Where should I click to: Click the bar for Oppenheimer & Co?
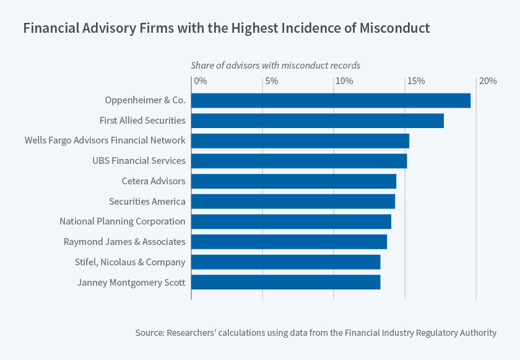click(x=331, y=100)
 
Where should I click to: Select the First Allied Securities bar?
click(x=317, y=121)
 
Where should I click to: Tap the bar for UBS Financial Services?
click(x=299, y=161)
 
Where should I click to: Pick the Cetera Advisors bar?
click(x=293, y=181)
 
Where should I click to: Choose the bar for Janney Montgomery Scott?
click(x=285, y=282)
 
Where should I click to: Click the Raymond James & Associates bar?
click(x=289, y=241)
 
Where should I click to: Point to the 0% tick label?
click(x=201, y=81)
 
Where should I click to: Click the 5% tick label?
click(x=271, y=81)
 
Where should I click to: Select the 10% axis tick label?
click(x=344, y=81)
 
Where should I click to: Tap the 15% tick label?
click(x=415, y=81)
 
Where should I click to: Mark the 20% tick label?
click(x=487, y=81)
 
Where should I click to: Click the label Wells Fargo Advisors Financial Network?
click(x=105, y=140)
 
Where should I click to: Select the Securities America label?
click(x=147, y=201)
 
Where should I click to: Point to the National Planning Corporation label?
click(x=122, y=221)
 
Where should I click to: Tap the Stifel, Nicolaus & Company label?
click(x=129, y=262)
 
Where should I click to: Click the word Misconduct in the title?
click(x=392, y=28)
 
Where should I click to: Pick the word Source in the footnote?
click(x=149, y=333)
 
